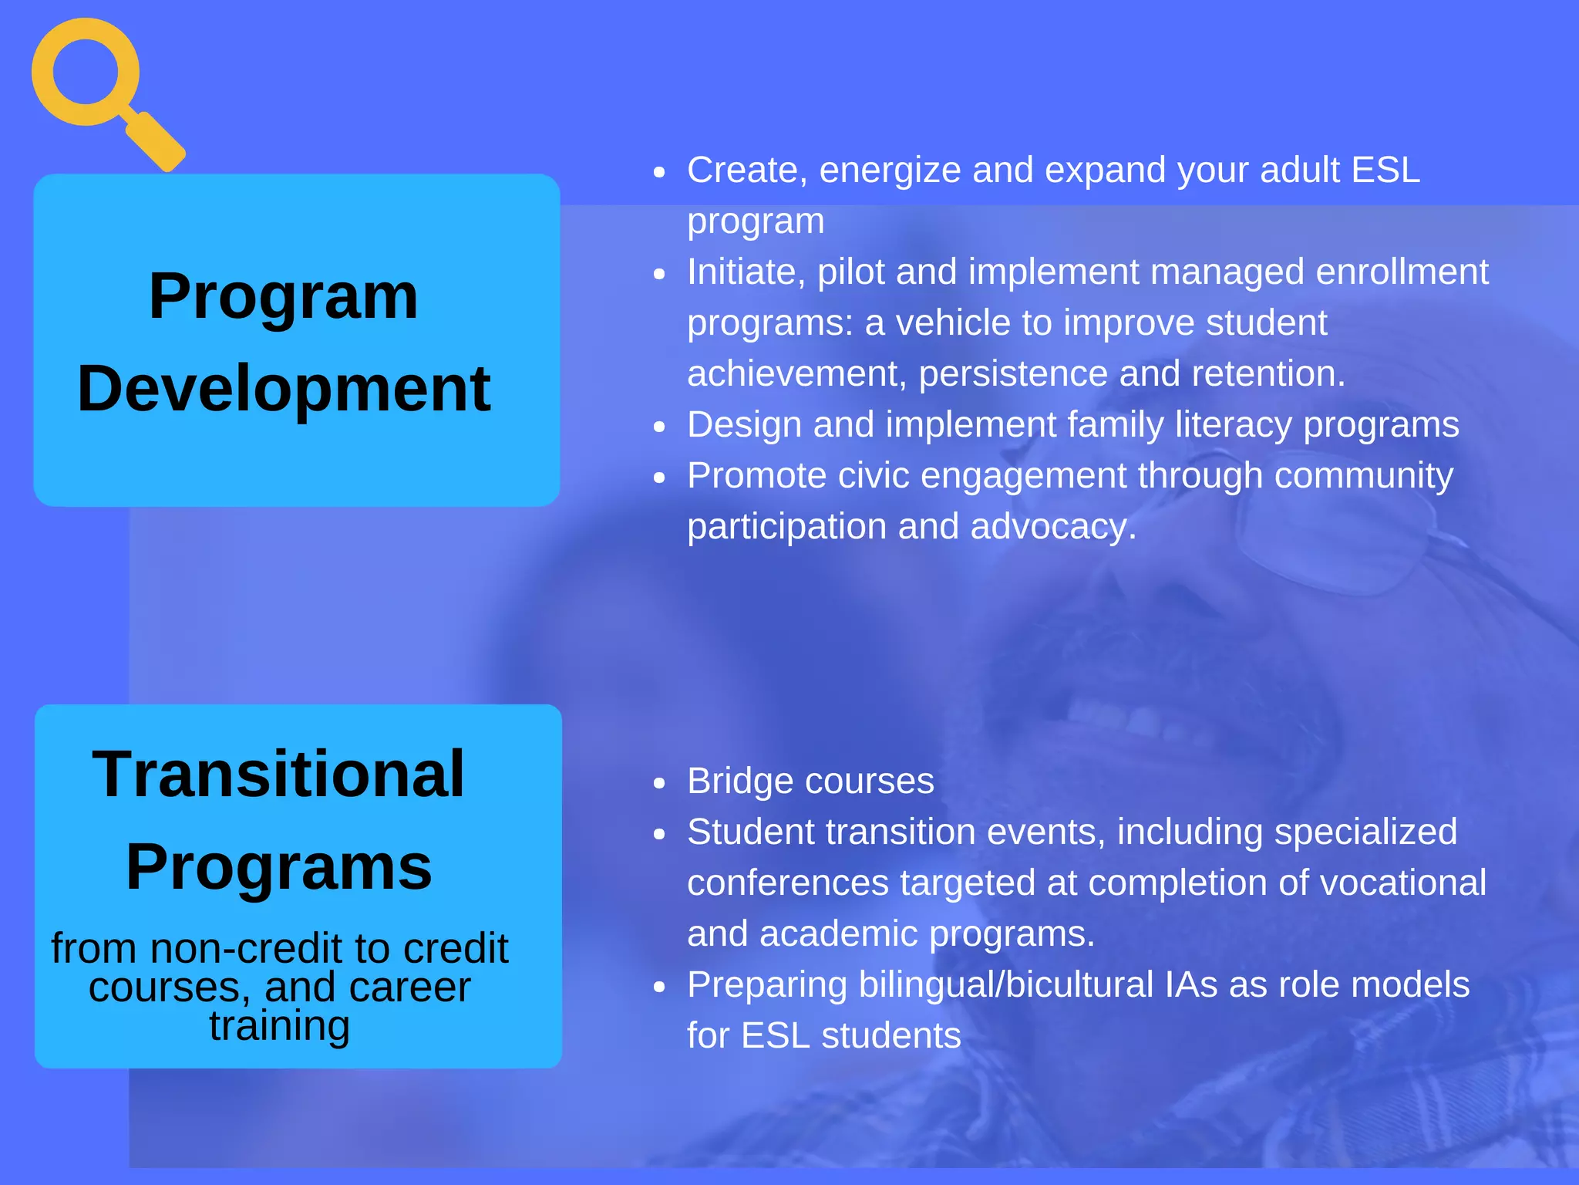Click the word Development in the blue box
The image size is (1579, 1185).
click(x=284, y=389)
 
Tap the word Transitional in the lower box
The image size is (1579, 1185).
click(x=279, y=775)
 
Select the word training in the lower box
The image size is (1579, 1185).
click(x=279, y=1026)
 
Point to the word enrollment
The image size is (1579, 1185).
click(x=1401, y=272)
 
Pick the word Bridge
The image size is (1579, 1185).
click(x=740, y=782)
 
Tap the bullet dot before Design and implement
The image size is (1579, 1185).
click(x=658, y=427)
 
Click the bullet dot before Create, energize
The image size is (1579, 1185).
click(x=658, y=172)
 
